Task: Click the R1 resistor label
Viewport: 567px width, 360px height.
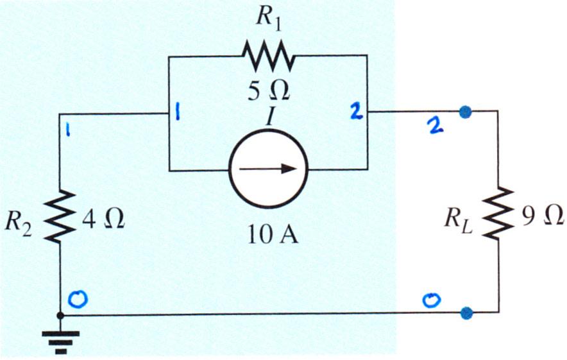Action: (x=268, y=18)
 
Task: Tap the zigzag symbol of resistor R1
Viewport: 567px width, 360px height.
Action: (x=268, y=56)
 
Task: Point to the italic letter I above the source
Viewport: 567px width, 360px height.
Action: (x=270, y=117)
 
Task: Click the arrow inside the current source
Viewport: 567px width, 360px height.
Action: (x=268, y=169)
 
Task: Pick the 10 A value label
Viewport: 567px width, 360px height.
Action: (x=273, y=234)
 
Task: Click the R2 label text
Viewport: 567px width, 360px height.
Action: (x=18, y=223)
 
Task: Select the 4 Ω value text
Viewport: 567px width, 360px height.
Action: (x=103, y=218)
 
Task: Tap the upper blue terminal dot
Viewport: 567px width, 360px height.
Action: (x=466, y=112)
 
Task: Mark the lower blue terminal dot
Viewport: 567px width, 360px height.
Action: (x=466, y=313)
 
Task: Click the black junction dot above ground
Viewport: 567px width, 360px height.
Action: (x=60, y=316)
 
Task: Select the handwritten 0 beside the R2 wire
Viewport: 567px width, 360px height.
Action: (x=78, y=300)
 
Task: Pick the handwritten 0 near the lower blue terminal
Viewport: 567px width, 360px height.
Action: (x=432, y=300)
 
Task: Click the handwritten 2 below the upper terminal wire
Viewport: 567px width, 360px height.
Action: (x=435, y=126)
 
